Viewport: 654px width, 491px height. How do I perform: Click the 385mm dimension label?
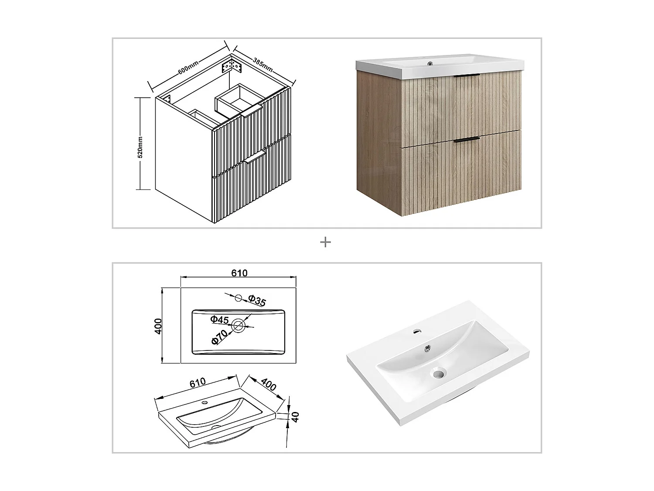(x=263, y=64)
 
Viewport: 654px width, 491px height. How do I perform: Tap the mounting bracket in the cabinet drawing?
(x=231, y=67)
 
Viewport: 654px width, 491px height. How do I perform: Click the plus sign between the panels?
(x=325, y=242)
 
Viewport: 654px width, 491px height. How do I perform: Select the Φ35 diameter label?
(x=257, y=300)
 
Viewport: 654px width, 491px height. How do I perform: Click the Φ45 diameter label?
(x=219, y=319)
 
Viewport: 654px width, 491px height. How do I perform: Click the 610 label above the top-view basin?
(x=239, y=273)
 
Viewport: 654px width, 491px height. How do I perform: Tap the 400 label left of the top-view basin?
(x=158, y=326)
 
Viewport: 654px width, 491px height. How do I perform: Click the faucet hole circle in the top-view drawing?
(x=238, y=298)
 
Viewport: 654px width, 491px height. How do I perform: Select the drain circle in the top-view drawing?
(x=238, y=325)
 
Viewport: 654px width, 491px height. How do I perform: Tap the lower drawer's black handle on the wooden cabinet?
(x=467, y=140)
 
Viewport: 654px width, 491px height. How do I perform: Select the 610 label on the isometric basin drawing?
(x=197, y=383)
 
